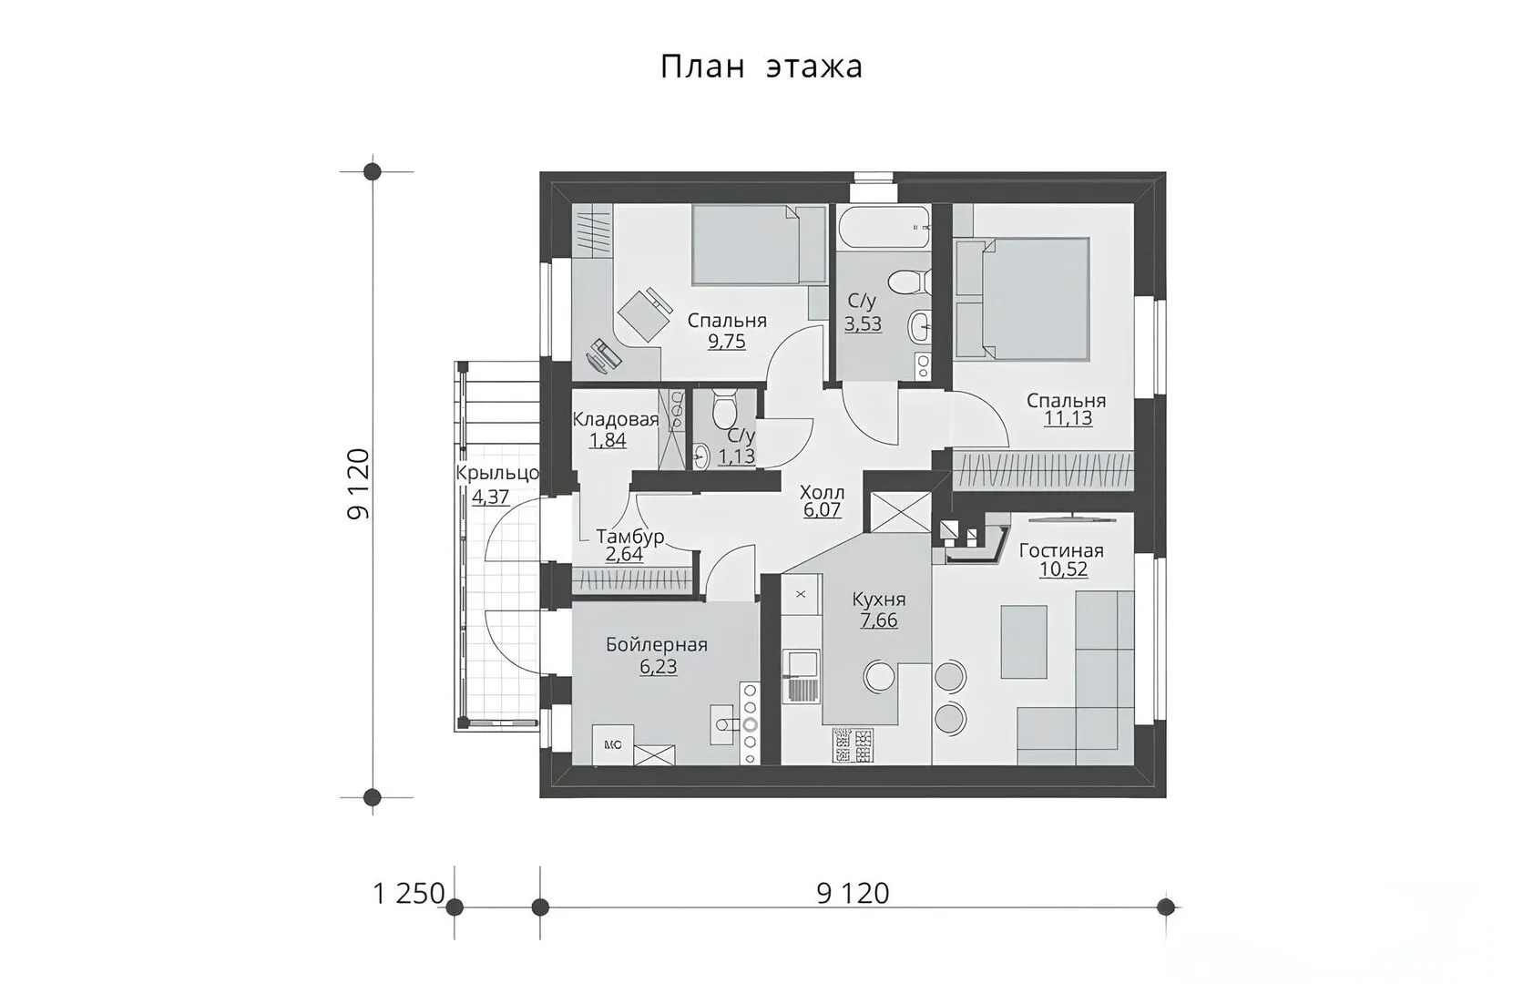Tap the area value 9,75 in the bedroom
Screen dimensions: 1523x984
click(727, 341)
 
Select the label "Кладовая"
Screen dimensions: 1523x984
click(616, 420)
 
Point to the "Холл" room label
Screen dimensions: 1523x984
click(822, 492)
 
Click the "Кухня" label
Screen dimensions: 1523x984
click(879, 600)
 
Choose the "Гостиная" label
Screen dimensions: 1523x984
click(1061, 550)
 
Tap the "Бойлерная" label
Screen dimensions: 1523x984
click(657, 645)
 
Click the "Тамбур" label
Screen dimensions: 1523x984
click(630, 537)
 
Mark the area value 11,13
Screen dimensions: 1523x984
click(1068, 417)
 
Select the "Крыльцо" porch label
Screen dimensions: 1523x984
click(497, 473)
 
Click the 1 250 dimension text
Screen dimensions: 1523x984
click(409, 894)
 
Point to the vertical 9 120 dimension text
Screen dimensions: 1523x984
click(358, 484)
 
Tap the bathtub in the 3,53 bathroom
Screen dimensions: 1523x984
click(884, 228)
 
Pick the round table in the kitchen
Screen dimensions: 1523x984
click(879, 677)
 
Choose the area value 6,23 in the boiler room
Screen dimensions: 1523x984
click(659, 666)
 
